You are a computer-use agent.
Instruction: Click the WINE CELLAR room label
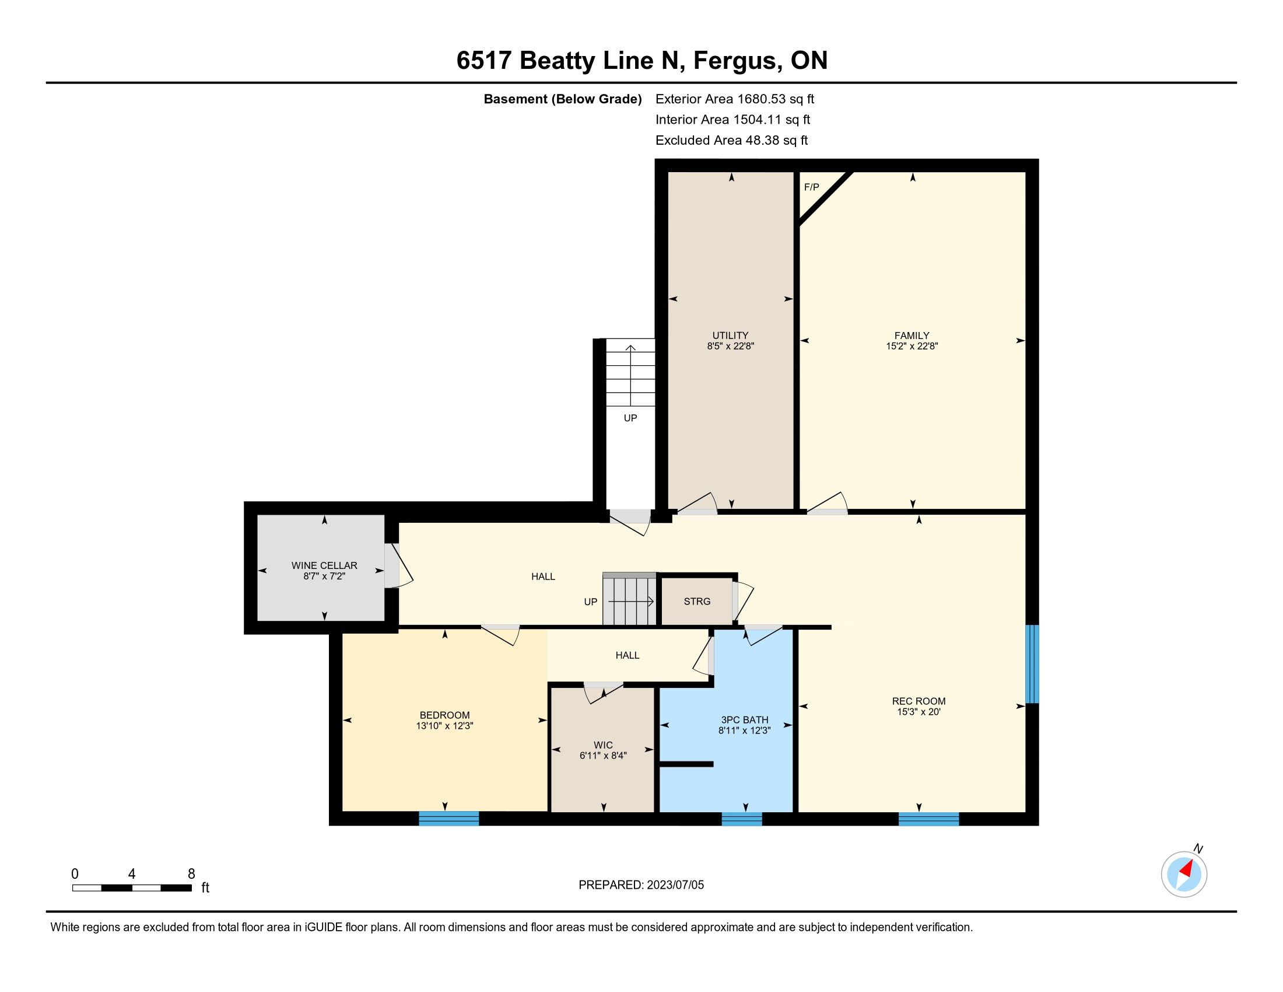[324, 565]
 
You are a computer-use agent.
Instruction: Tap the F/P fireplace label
[811, 187]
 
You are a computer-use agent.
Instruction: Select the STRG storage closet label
[697, 601]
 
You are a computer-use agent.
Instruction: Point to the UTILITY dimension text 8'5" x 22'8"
[730, 346]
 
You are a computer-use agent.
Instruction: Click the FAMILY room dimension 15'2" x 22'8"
[912, 346]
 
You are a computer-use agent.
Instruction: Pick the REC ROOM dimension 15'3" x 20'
[919, 712]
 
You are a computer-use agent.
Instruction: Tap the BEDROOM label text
[445, 715]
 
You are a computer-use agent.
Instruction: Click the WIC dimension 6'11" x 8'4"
[604, 756]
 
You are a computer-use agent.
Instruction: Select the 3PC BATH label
[744, 720]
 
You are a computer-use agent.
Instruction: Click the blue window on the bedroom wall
[449, 819]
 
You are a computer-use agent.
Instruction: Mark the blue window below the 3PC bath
[741, 819]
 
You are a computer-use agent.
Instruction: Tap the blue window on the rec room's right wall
[1032, 664]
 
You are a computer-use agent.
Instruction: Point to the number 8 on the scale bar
[191, 874]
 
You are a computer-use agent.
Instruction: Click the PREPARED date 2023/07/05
[675, 885]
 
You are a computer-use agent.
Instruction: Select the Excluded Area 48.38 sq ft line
[731, 141]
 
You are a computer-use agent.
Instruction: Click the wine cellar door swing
[400, 565]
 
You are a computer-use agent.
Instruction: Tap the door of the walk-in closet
[604, 692]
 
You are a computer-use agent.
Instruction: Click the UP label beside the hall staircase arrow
[590, 602]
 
